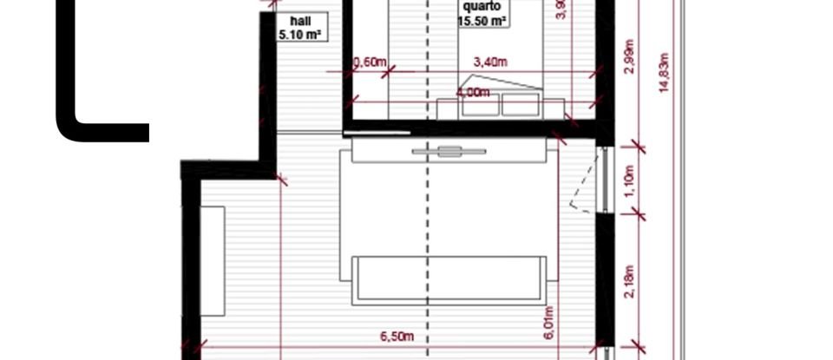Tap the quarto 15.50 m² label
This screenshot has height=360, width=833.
(x=482, y=15)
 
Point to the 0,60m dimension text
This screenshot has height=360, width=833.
(x=370, y=62)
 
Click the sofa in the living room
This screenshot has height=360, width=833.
(x=449, y=279)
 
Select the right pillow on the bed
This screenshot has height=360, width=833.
(x=521, y=105)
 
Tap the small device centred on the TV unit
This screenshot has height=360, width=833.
(x=449, y=152)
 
